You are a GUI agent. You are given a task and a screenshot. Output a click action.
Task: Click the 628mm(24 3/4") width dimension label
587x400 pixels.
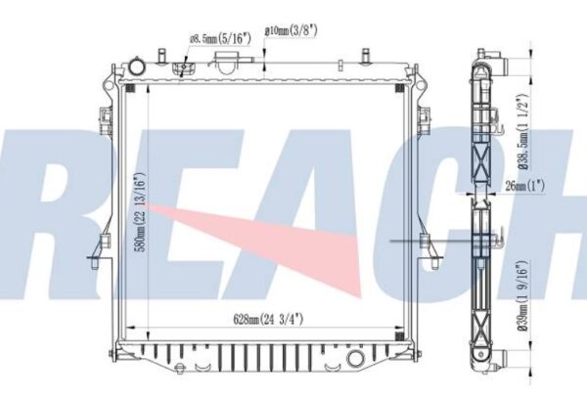pos(268,320)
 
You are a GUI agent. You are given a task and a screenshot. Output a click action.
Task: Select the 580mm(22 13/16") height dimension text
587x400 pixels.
pos(142,212)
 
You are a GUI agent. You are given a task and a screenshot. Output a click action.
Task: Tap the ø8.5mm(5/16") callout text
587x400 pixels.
pos(220,38)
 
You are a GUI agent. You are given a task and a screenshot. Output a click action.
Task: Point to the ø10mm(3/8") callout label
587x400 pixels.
pos(291,30)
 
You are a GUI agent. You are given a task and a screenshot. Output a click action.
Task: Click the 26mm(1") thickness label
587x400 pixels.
pos(524,186)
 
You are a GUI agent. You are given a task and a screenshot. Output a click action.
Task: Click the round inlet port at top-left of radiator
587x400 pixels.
pos(137,67)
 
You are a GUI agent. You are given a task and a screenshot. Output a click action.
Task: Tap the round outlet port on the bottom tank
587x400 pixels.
pos(356,359)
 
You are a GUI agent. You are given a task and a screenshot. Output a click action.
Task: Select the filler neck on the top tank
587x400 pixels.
pos(227,63)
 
